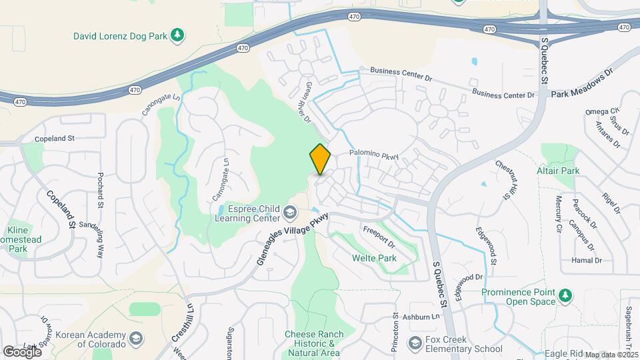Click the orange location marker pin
pos(320,159)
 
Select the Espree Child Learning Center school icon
pos(289,213)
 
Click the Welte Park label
pos(375,258)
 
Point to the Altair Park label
pos(558,171)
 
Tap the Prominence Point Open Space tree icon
pos(566,295)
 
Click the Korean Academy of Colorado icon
pos(137,341)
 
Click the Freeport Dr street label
pos(379,237)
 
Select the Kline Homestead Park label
pos(25,239)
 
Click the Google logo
pos(22,351)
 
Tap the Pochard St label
pos(101,190)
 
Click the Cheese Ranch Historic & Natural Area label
pos(314,343)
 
